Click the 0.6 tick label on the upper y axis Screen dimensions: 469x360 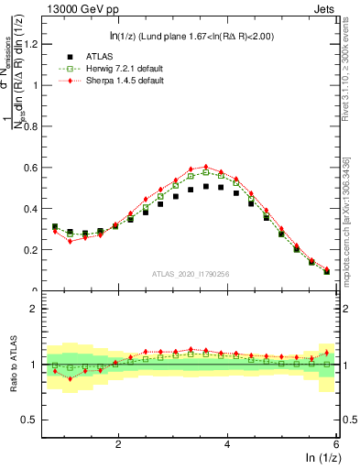(x=32, y=168)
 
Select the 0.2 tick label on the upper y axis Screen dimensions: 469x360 (x=32, y=250)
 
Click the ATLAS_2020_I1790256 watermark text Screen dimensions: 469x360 (x=191, y=274)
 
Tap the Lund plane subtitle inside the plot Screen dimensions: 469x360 (x=189, y=36)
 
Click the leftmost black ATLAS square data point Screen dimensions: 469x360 (x=55, y=227)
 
